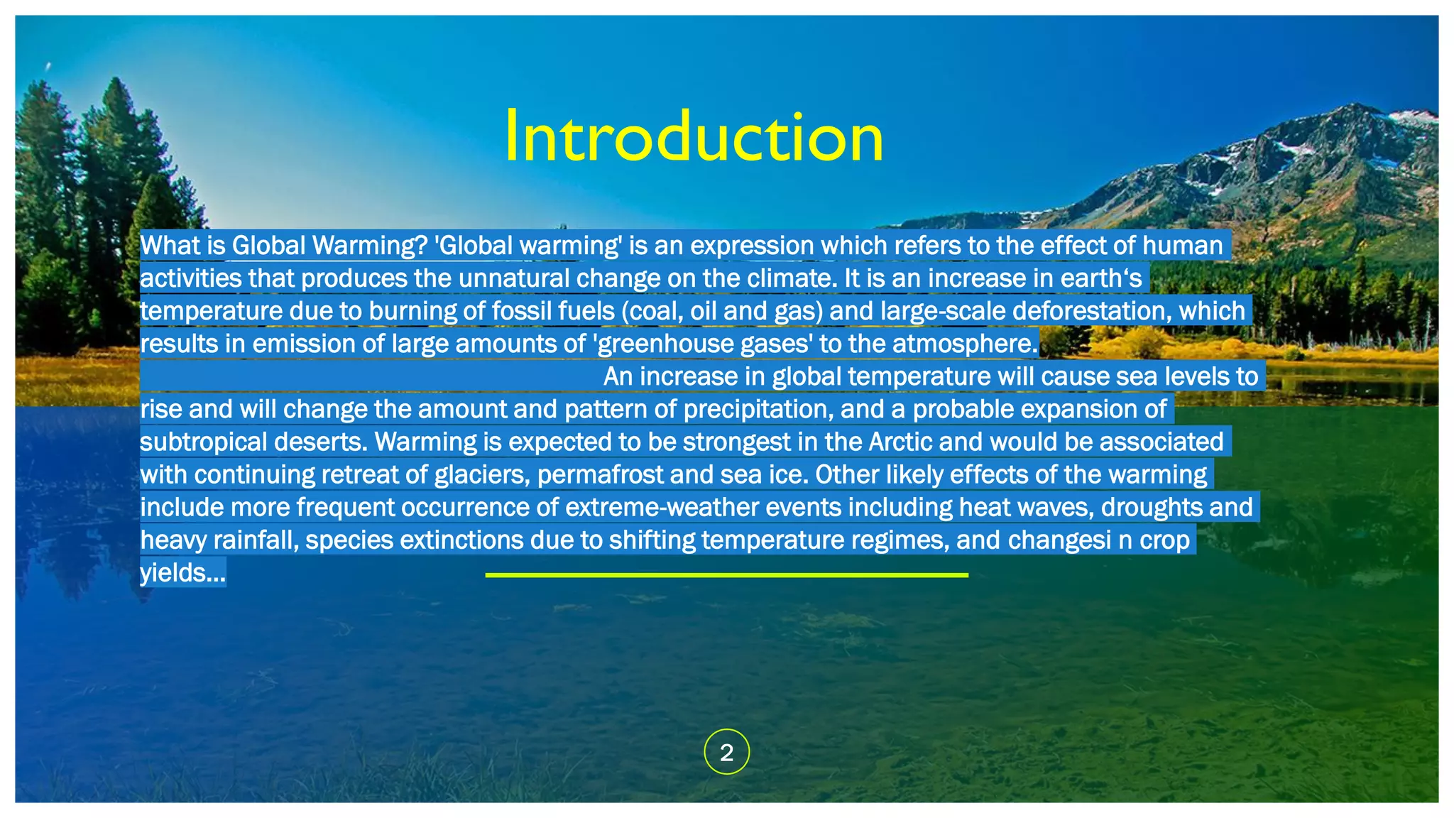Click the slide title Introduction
pos(694,137)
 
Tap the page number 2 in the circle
pos(726,752)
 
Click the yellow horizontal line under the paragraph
pos(726,574)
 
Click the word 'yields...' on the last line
pos(182,572)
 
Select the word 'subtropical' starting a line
pos(204,442)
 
